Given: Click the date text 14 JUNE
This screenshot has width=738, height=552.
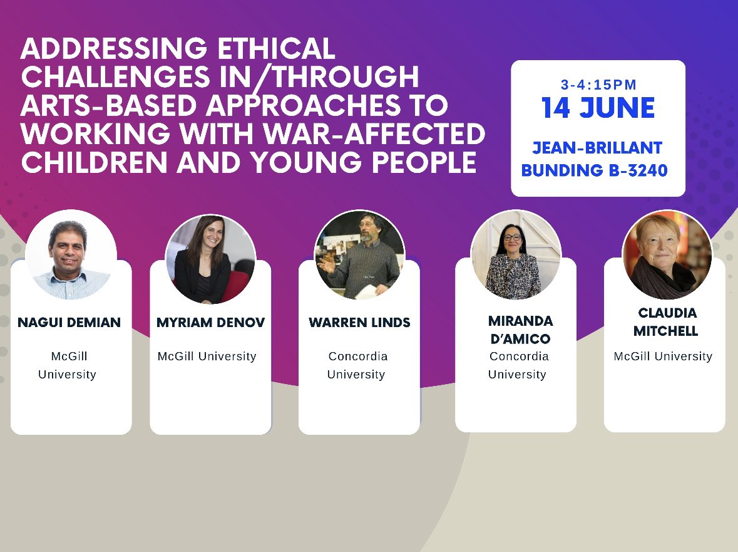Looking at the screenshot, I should pyautogui.click(x=598, y=108).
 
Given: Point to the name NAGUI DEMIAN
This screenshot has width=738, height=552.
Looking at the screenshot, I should pyautogui.click(x=69, y=323).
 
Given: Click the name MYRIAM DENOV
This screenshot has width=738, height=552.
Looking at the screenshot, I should pyautogui.click(x=210, y=323).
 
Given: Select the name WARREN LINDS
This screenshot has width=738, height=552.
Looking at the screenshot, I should pyautogui.click(x=359, y=323).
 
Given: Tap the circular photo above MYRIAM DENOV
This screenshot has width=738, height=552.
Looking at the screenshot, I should pyautogui.click(x=210, y=259).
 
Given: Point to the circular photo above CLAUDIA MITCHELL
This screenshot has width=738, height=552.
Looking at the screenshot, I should pyautogui.click(x=667, y=254).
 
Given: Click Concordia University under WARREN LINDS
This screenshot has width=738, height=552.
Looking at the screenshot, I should pyautogui.click(x=357, y=365).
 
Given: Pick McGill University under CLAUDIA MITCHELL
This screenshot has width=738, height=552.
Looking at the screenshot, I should pyautogui.click(x=663, y=357).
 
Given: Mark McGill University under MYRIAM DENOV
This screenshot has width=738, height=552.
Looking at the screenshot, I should pyautogui.click(x=207, y=357).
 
